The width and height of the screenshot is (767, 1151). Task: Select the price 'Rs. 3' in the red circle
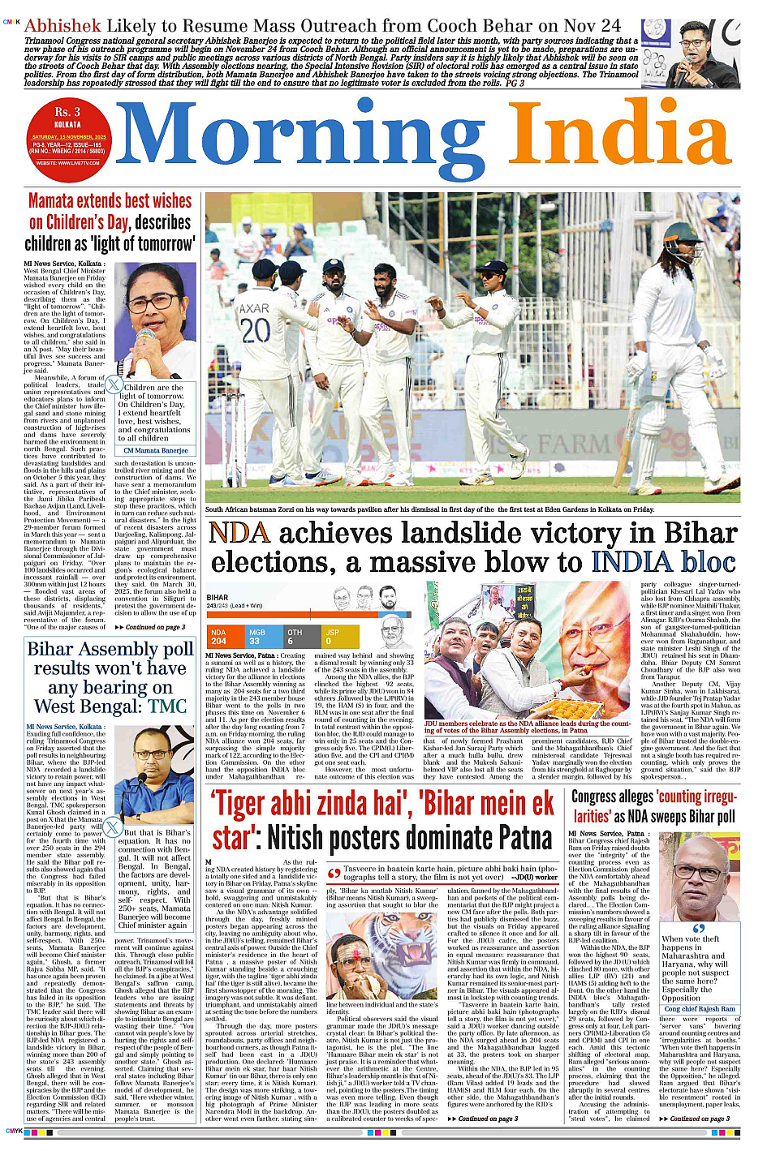67,112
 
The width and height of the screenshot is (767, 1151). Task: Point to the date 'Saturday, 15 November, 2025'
69,137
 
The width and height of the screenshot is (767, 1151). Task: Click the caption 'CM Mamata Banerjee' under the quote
156,450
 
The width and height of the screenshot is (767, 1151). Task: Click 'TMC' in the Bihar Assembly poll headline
169,706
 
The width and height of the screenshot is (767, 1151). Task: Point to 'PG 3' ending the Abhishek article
515,83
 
